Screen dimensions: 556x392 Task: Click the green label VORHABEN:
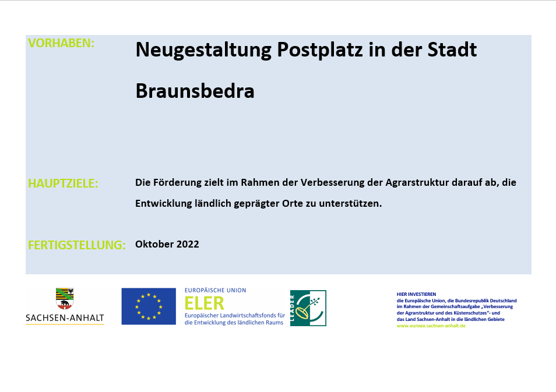[x=61, y=43]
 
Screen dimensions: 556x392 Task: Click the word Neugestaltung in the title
[x=203, y=50]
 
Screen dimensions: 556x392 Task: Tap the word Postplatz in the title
[x=320, y=50]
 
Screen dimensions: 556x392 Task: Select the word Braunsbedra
[x=195, y=91]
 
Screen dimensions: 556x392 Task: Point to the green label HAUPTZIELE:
[x=63, y=183]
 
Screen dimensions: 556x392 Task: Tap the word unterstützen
[x=350, y=203]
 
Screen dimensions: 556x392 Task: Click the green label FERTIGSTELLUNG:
[x=77, y=245]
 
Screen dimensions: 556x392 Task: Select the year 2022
[x=188, y=244]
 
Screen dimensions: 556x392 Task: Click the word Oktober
[x=154, y=244]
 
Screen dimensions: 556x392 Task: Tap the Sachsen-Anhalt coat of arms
[x=65, y=298]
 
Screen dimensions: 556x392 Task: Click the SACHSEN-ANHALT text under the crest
[x=65, y=318]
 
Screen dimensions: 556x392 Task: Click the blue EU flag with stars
[x=149, y=306]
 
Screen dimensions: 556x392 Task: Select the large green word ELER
[x=204, y=303]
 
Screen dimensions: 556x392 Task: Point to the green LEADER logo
[x=308, y=308]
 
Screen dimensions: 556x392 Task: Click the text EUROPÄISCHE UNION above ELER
[x=215, y=290]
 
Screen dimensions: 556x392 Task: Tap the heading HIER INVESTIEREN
[x=416, y=294]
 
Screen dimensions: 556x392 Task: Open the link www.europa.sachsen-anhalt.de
[x=431, y=326]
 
